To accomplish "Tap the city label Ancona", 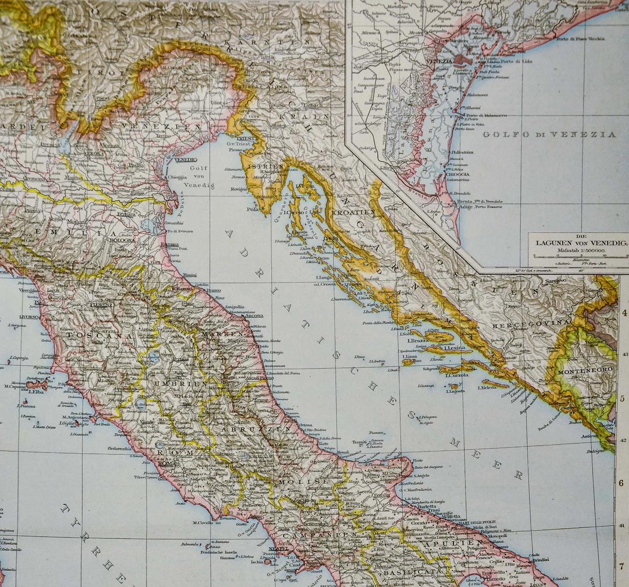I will pos(254,316).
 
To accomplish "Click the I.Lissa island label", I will pos(409,357).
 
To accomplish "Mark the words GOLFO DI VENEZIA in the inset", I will pos(549,135).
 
